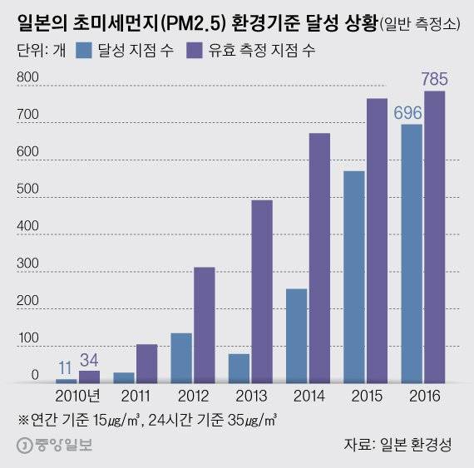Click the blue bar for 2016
(412, 253)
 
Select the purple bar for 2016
(434, 236)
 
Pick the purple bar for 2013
(261, 291)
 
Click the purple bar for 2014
(319, 258)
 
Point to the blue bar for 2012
(180, 357)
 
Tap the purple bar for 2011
(146, 362)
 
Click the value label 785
(434, 81)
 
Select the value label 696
(407, 114)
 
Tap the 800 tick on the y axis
(27, 77)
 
